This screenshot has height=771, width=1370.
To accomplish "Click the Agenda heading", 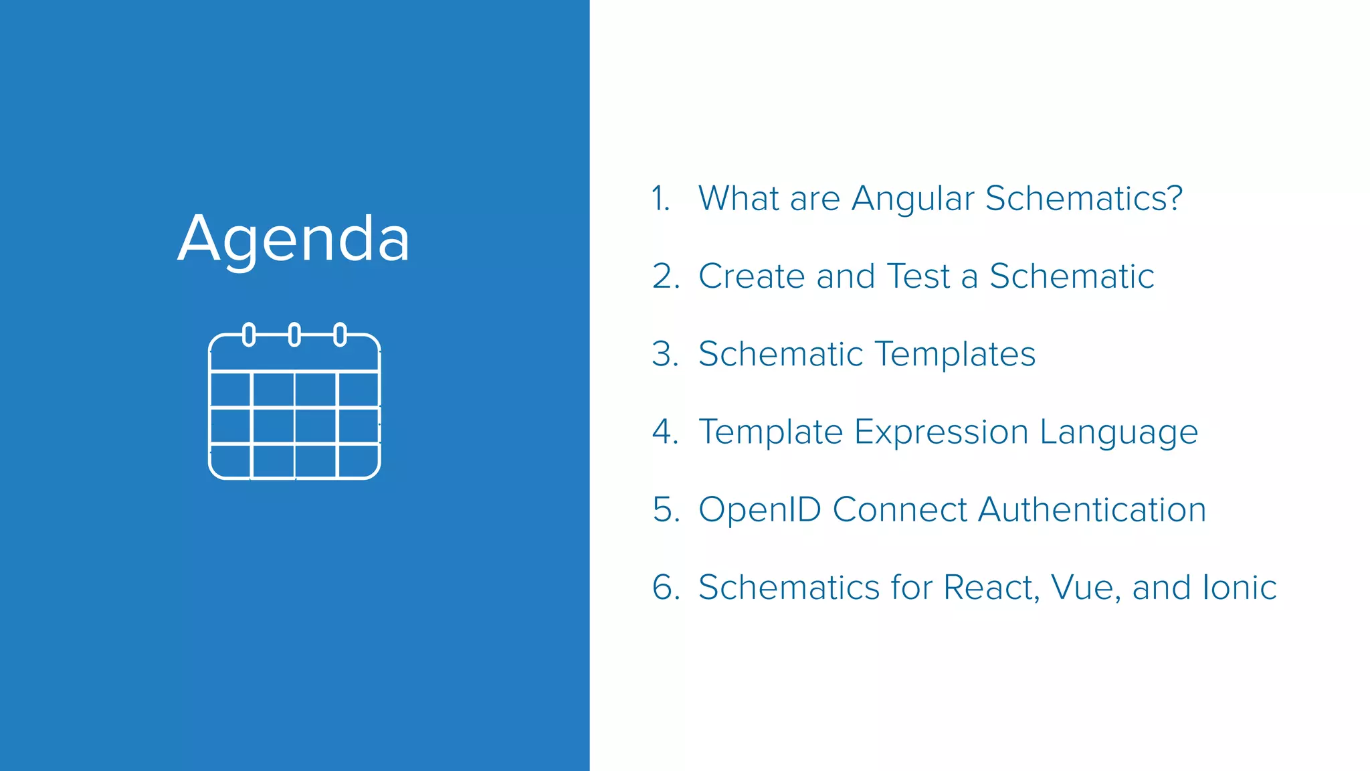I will [x=294, y=240].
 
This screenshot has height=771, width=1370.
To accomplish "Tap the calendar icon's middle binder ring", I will [x=294, y=334].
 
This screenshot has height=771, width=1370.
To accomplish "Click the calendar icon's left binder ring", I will [x=249, y=334].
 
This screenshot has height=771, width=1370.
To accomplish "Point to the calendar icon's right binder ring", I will [x=340, y=334].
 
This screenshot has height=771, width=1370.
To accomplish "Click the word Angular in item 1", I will [x=912, y=199].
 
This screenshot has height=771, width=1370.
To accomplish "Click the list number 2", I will [x=664, y=276].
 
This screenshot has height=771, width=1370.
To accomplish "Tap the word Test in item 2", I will [x=918, y=276].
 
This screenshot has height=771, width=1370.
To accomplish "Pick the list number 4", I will [x=664, y=432].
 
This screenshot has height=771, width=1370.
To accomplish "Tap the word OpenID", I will [x=759, y=510].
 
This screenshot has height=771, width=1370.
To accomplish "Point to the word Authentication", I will [x=1092, y=510].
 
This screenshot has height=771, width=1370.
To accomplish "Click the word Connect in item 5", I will [x=899, y=510].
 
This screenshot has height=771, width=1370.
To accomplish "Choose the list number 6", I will [x=664, y=588].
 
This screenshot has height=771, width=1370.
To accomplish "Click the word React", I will [x=991, y=588].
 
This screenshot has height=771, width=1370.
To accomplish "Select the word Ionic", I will [x=1239, y=588].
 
